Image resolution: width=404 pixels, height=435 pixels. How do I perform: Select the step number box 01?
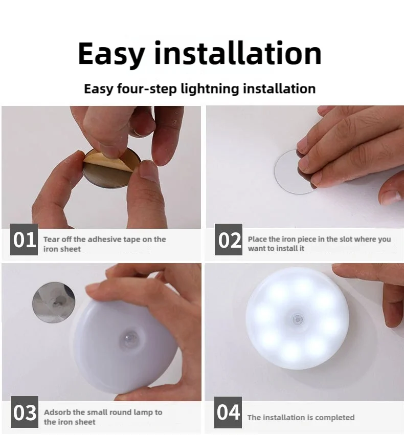[x=24, y=240]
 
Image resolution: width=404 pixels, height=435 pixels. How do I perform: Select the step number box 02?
[x=229, y=240]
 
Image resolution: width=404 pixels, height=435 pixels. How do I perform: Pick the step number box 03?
[x=24, y=412]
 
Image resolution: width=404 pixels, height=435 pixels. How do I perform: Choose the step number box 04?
[x=229, y=412]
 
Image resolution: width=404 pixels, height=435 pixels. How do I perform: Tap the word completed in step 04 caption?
[x=335, y=418]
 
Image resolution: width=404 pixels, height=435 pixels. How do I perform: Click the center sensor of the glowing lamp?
[x=297, y=319]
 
